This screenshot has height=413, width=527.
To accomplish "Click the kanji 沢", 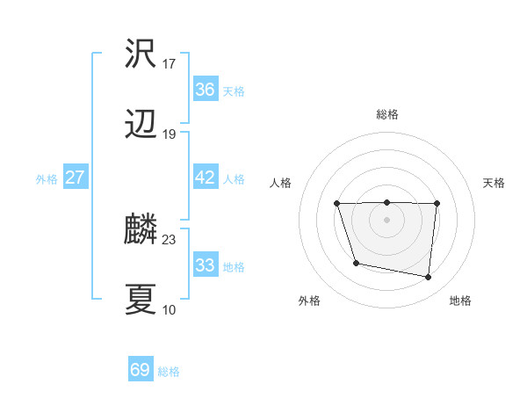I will pos(141,54).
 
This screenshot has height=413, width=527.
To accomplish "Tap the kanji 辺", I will pos(141,125).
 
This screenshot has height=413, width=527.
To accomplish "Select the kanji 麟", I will pos(141,230).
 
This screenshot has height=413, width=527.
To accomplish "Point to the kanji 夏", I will pos(141,300).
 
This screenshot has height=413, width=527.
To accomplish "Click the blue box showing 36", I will pos(205,90).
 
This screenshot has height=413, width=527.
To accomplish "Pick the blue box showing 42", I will pos(205,178).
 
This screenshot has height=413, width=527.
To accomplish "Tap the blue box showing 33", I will pos(205,265).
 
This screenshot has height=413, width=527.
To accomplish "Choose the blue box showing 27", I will pos(75,178).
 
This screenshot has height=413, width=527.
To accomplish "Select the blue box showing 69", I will pos(141,370).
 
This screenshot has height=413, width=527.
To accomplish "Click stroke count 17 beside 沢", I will pos(170,64).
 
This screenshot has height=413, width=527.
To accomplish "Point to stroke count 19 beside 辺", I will pos(170,134).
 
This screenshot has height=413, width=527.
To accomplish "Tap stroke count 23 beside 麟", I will pos(170,240).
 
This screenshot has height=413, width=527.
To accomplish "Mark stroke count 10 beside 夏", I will pos(169,309).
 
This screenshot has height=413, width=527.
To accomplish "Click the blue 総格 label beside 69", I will pos(169,372).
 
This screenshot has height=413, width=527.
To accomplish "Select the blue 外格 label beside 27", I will pos(47,179).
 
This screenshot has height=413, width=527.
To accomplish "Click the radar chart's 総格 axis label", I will pos(387,114).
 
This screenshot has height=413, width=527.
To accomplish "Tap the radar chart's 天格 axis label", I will pos(495,183).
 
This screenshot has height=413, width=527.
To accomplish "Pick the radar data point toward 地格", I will pos(428,278).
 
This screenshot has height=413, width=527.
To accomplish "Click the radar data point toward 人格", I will pos(337,204).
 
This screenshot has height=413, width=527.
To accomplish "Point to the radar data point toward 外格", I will pos(356,263).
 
